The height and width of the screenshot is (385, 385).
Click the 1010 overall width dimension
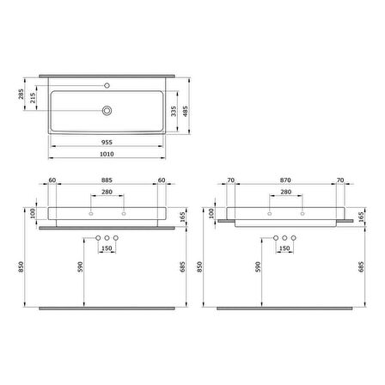pos(107,154)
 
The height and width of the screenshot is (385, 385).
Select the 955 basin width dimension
pos(107,143)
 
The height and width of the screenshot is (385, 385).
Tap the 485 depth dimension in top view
pos(186,111)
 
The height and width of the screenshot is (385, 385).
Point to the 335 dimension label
pos(174,111)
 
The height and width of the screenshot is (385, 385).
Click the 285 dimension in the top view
pos(21,94)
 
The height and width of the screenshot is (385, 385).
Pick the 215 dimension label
pos(33,98)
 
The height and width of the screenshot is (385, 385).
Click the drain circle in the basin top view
pos(107,111)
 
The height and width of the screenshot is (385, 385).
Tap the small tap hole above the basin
pos(107,85)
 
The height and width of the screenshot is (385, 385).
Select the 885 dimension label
pos(107,180)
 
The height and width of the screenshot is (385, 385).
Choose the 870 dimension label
pos(285,180)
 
